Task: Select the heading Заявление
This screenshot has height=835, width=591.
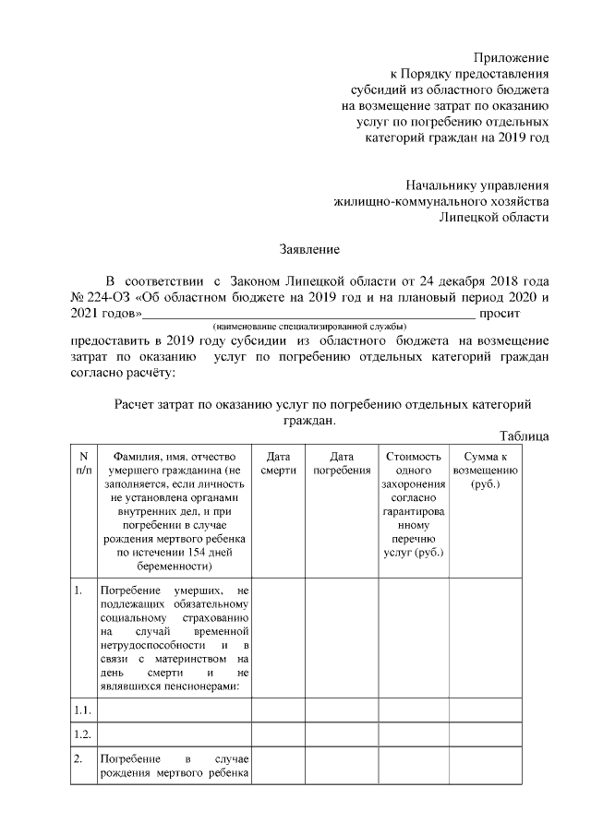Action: (x=310, y=249)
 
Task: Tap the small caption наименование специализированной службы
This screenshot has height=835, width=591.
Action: (x=309, y=328)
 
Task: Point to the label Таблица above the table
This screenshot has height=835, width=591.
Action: (x=525, y=435)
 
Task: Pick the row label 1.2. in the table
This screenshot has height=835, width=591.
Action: (x=82, y=734)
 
